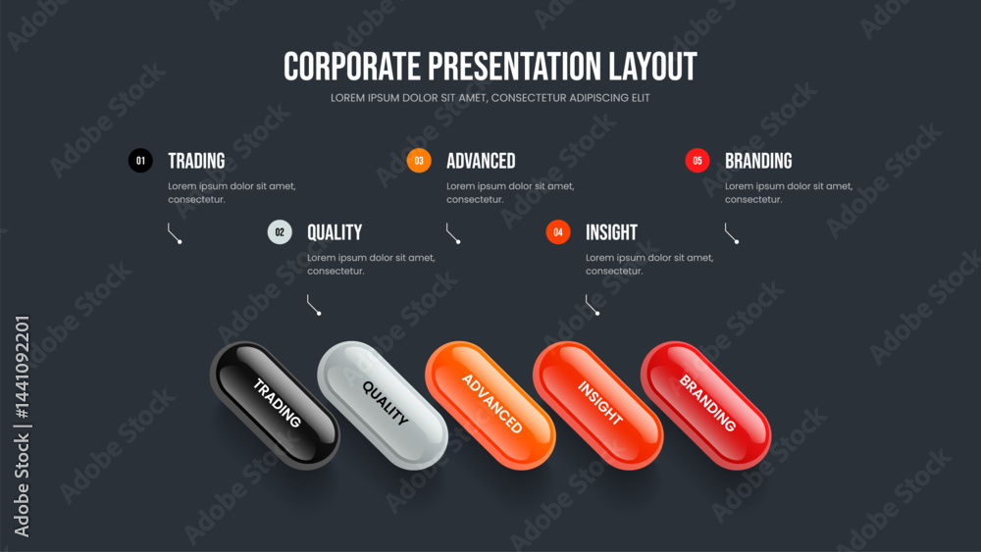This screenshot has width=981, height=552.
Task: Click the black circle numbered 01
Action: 140,161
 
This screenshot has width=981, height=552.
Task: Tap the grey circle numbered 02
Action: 280,232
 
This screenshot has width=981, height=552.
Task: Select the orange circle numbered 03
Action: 419,161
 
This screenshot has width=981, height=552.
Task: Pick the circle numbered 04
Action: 558,232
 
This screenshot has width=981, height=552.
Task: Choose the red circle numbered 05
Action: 697,161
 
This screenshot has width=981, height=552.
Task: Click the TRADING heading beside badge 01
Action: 196,162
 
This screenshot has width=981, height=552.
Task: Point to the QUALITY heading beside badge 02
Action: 335,232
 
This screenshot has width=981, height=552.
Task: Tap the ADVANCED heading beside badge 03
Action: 481,162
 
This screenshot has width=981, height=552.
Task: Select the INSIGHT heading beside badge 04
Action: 611,232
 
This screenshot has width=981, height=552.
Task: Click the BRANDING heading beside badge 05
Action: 758,162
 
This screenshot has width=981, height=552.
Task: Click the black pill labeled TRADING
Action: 276,405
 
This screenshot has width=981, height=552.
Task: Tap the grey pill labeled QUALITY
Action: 383,405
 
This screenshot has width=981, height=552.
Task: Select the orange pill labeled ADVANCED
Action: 490,405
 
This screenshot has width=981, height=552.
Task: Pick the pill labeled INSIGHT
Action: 598,405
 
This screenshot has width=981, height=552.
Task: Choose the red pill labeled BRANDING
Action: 705,405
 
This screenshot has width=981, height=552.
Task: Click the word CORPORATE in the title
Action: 352,67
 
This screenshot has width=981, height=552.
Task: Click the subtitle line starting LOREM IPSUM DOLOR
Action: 490,98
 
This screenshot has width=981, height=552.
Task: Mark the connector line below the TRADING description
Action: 174,233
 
